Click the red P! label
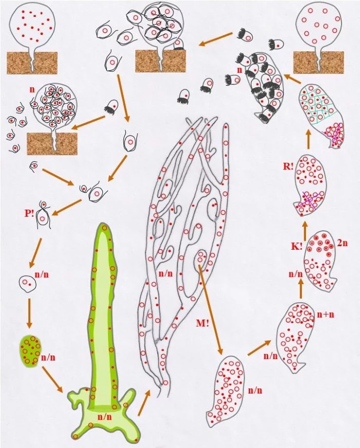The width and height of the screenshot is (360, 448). tap(29, 213)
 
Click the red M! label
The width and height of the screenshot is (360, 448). tap(203, 323)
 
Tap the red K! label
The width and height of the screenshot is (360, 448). tap(297, 246)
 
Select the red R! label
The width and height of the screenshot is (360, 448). tap(288, 166)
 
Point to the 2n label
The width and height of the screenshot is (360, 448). tap(343, 243)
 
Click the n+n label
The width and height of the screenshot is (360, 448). tap(326, 314)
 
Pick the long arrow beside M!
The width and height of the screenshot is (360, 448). tap(210, 310)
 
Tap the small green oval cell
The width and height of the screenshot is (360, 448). tap(30, 350)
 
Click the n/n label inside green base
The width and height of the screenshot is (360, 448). tap(105, 417)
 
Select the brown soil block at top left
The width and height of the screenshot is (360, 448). tap(32, 63)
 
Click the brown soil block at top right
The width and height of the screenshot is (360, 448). tap(318, 63)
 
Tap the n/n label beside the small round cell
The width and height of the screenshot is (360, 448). tap(42, 274)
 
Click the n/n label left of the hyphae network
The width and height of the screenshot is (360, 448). tap(166, 273)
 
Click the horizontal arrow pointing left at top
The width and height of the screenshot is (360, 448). tap(216, 39)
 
